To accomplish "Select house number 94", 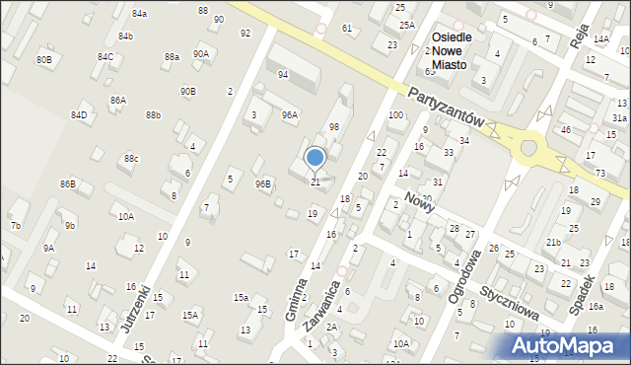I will click(283, 75).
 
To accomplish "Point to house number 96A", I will click(289, 114).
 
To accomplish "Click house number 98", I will click(334, 127).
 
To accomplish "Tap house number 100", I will click(395, 115).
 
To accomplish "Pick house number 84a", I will click(139, 13).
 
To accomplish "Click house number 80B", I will click(43, 60).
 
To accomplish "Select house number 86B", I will click(67, 183).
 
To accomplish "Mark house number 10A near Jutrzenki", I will click(125, 216).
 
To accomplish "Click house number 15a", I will click(241, 297).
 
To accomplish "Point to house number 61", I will click(346, 28).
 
